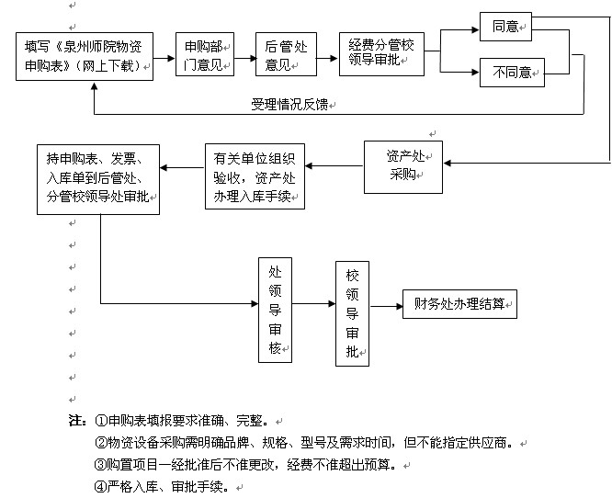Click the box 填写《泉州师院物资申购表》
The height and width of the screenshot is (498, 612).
[84, 57]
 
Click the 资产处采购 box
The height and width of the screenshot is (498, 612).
[403, 166]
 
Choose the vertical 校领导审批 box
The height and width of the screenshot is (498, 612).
[352, 312]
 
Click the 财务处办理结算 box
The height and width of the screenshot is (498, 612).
[459, 304]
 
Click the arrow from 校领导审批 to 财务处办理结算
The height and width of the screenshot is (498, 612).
[385, 304]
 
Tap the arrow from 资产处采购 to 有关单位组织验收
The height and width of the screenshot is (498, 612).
[334, 166]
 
